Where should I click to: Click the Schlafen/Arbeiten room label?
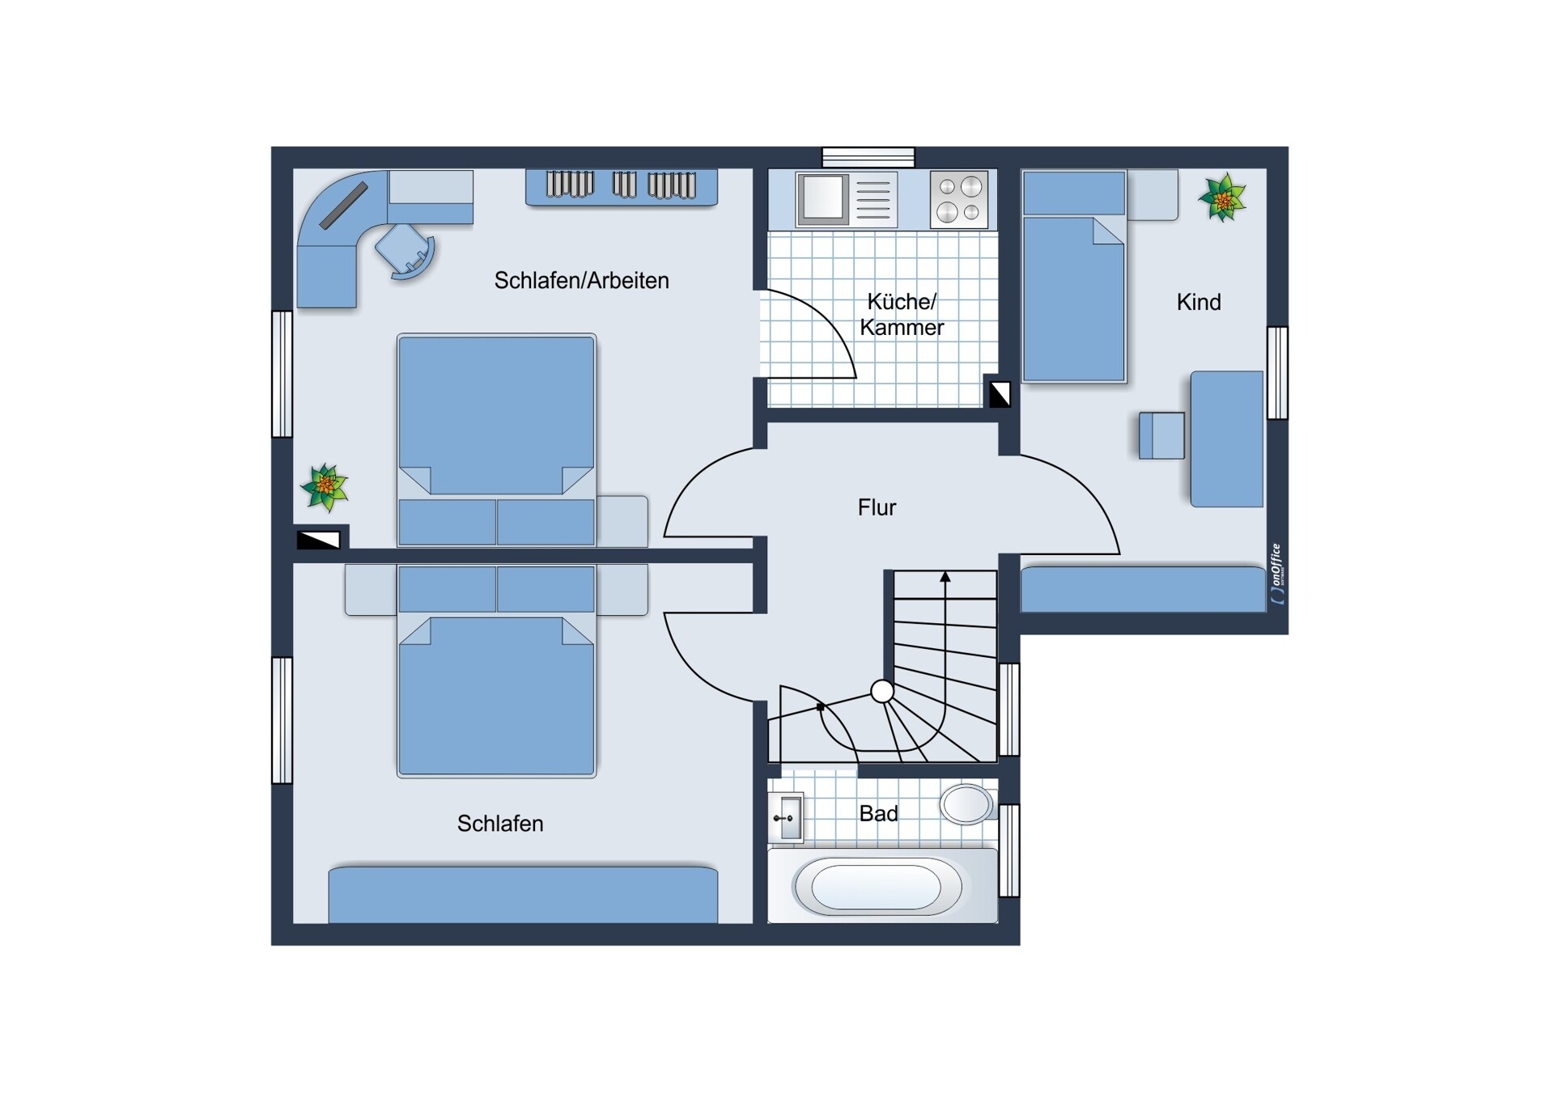click(581, 281)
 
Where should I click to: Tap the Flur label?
click(877, 507)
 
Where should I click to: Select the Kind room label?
click(1199, 303)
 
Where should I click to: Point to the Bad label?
click(878, 813)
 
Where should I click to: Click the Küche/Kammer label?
click(902, 315)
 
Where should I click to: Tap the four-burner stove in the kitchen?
click(959, 199)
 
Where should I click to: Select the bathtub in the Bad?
click(878, 887)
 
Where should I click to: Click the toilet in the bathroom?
click(966, 803)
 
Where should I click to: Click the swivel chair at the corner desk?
click(405, 251)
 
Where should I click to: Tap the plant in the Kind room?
click(1222, 197)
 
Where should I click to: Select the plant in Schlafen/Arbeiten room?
click(325, 487)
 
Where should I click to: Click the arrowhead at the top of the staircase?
click(945, 577)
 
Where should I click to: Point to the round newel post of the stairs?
click(882, 692)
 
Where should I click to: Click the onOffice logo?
click(1276, 574)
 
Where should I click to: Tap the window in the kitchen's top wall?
click(868, 157)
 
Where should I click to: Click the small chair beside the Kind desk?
click(1161, 435)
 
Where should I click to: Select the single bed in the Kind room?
click(1074, 276)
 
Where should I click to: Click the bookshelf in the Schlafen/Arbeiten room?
click(622, 187)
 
